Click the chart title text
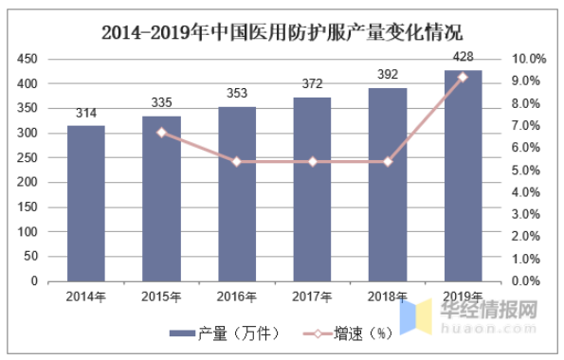pos(282,32)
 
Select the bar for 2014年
pos(86,204)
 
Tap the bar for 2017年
pos(312,189)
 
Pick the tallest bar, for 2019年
pos(464,176)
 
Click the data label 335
pos(161,103)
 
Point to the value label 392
pos(388,75)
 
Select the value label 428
pos(464,57)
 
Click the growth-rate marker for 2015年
pos(162,133)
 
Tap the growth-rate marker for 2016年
pos(237,162)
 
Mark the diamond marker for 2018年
pos(388,162)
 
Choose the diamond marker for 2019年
pos(463,78)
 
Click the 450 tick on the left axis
pos(27,59)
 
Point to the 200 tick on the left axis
pos(27,182)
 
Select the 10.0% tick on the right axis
pos(529,59)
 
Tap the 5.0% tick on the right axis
pos(525,171)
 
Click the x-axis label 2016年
pos(237,297)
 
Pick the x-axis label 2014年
pos(86,297)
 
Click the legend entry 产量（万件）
pos(225,333)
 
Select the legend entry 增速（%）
pos(348,333)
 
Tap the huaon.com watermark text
pos(488,328)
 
